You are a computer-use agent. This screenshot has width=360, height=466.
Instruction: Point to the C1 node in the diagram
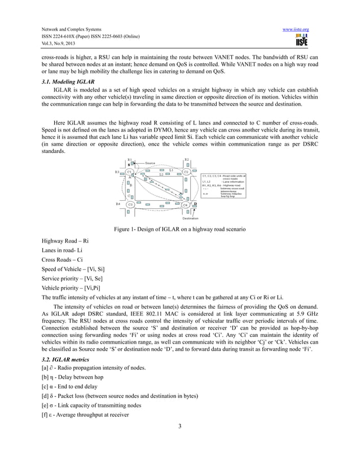(129, 172)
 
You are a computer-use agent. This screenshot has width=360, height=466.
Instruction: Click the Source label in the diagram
(150, 162)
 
